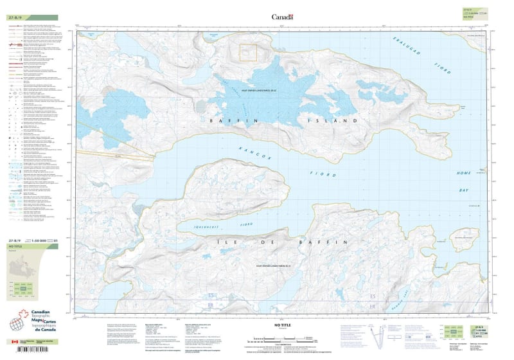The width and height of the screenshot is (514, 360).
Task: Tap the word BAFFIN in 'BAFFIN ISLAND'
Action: pyautogui.click(x=232, y=120)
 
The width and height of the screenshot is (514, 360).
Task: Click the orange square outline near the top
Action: pyautogui.click(x=248, y=52)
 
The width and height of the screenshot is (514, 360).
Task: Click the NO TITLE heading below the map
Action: pyautogui.click(x=282, y=325)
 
